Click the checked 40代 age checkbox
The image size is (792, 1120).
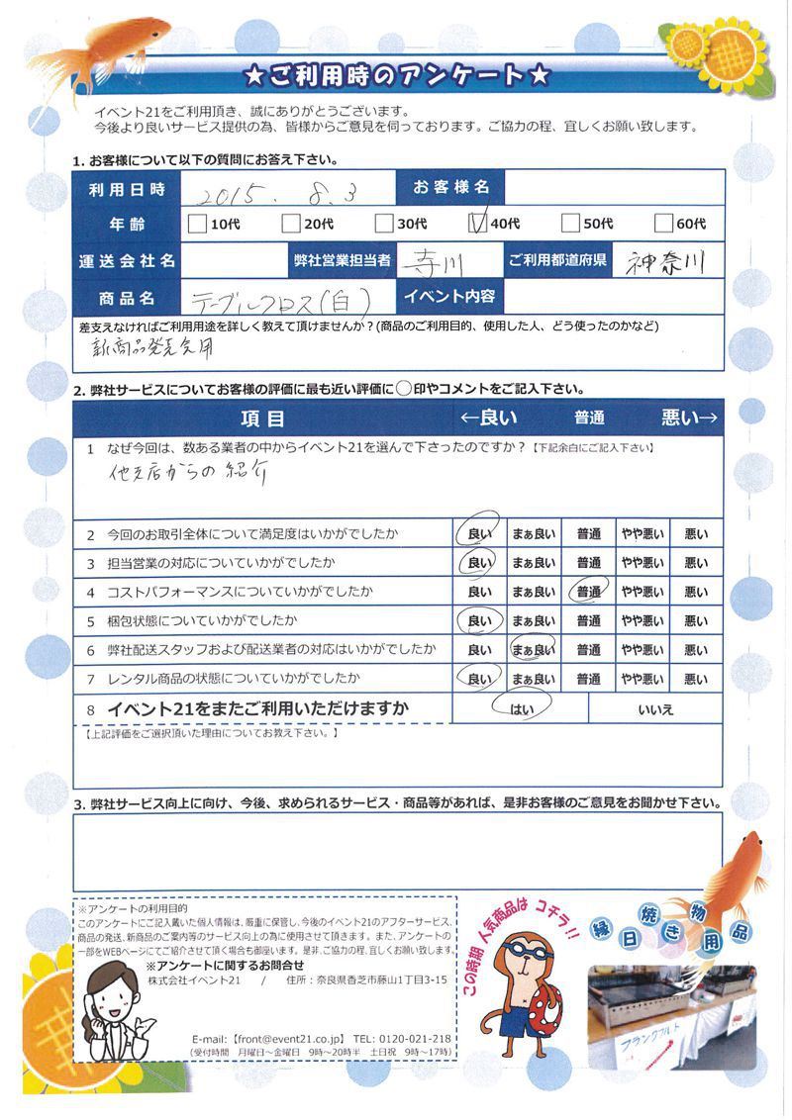coord(475,224)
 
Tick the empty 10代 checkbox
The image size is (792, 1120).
coord(197,225)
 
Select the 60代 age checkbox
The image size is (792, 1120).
coord(663,225)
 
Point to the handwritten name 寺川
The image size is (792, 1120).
coord(440,261)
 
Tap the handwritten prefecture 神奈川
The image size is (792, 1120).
coord(666,261)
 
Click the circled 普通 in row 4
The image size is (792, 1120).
coord(589,593)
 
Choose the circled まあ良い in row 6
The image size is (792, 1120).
coord(533,650)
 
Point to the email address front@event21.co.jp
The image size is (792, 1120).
coord(287,1038)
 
